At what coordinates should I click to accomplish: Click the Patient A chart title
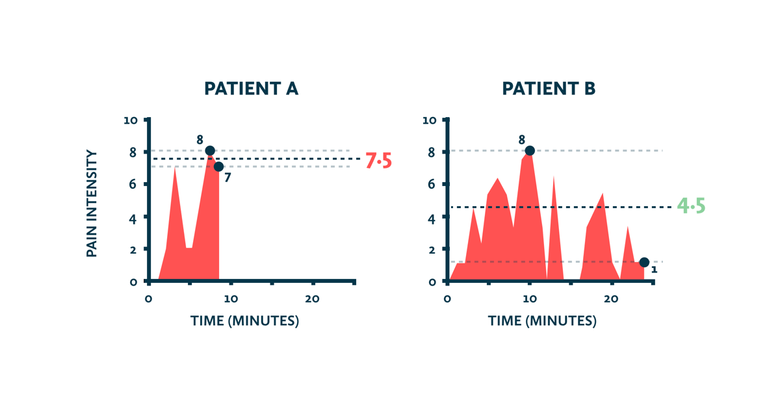pyautogui.click(x=251, y=88)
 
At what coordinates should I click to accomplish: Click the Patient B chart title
pyautogui.click(x=549, y=88)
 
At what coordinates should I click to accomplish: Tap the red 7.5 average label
pyautogui.click(x=378, y=161)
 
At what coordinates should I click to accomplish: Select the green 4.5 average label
pyautogui.click(x=691, y=206)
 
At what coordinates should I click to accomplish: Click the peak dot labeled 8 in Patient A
pyautogui.click(x=210, y=150)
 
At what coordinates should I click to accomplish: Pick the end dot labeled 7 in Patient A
pyautogui.click(x=218, y=167)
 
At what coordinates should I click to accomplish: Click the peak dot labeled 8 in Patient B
pyautogui.click(x=530, y=150)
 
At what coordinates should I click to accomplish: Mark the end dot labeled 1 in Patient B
pyautogui.click(x=644, y=262)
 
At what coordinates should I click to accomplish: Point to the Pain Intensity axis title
pyautogui.click(x=91, y=204)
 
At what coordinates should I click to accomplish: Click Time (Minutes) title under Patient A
pyautogui.click(x=244, y=321)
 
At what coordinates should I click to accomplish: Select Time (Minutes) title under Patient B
pyautogui.click(x=542, y=321)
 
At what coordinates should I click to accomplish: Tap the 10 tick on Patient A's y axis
pyautogui.click(x=131, y=120)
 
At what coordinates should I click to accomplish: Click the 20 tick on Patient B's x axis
pyautogui.click(x=611, y=299)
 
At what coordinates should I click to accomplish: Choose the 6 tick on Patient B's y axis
pyautogui.click(x=432, y=184)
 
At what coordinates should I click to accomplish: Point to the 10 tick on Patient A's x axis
pyautogui.click(x=231, y=299)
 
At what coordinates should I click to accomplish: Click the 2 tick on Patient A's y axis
pyautogui.click(x=133, y=250)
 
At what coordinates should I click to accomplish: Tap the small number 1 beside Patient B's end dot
pyautogui.click(x=655, y=269)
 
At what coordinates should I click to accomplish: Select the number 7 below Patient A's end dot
pyautogui.click(x=227, y=178)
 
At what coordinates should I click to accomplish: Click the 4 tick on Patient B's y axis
pyautogui.click(x=432, y=219)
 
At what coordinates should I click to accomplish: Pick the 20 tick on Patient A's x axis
pyautogui.click(x=313, y=299)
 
